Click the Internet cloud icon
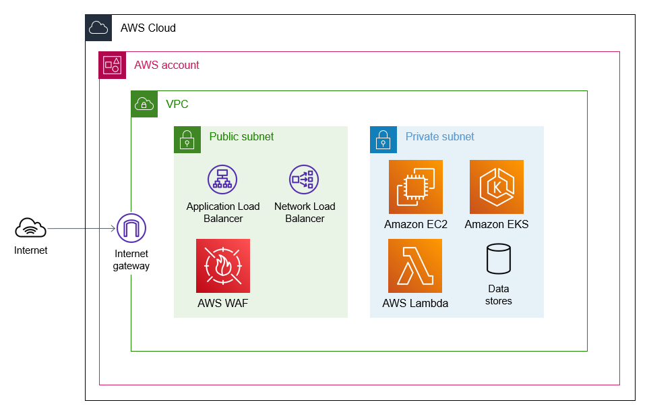pos(31,229)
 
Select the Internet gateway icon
pos(131,229)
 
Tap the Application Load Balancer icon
pos(222,180)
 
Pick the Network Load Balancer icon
pos(304,180)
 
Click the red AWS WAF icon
pos(223,266)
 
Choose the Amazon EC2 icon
pos(416,187)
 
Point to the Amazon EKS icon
pos(497,187)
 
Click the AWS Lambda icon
pos(415,266)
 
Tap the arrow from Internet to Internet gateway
pos(81,229)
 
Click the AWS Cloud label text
pos(148,28)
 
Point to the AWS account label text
pos(166,65)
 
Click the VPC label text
pos(177,105)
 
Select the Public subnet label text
pos(241,137)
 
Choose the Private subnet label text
pos(439,137)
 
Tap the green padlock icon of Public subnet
pos(187,140)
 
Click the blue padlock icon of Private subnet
pos(383,140)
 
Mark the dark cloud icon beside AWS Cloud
pos(98,28)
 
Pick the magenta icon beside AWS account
pos(112,65)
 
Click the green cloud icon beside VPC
pos(144,105)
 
